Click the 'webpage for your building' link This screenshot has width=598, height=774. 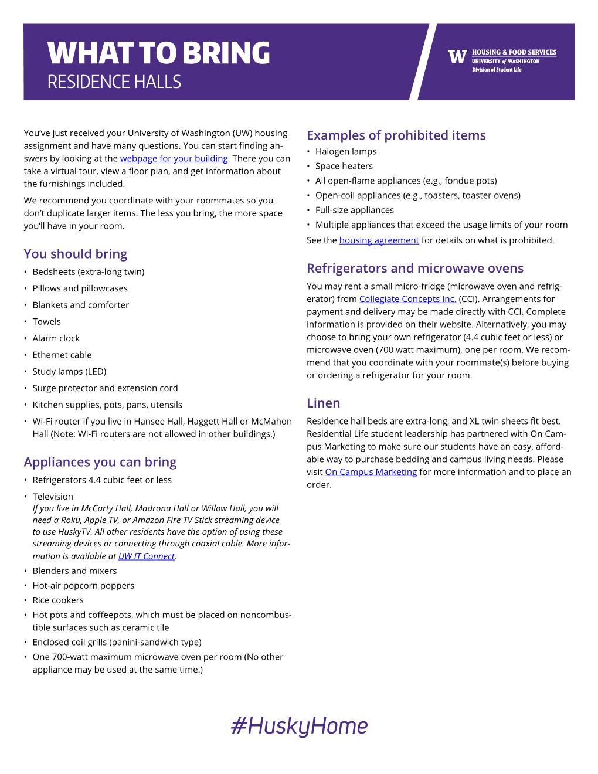(174, 158)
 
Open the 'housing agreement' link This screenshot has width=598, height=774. (379, 240)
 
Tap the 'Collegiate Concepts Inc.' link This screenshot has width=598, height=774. (407, 299)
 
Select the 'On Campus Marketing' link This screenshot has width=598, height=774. (371, 472)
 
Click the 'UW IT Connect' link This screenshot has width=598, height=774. (147, 556)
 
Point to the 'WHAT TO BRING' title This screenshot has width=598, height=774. (159, 53)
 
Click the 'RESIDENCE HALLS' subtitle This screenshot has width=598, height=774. (114, 82)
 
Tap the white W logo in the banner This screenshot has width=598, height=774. (457, 56)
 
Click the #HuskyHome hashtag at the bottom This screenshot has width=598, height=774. (299, 726)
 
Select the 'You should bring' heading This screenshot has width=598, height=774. (76, 254)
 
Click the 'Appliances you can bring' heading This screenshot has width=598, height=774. (100, 462)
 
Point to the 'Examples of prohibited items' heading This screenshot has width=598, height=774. (396, 135)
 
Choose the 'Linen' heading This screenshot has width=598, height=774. (323, 403)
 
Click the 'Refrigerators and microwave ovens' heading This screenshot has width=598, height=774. (415, 269)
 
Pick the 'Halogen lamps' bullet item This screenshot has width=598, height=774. (346, 151)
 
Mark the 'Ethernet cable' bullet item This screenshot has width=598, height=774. (62, 355)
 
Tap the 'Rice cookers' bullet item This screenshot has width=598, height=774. (58, 600)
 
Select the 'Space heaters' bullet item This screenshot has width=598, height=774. (344, 166)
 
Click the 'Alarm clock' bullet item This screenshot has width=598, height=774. (56, 338)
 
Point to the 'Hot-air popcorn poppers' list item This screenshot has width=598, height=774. (83, 586)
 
